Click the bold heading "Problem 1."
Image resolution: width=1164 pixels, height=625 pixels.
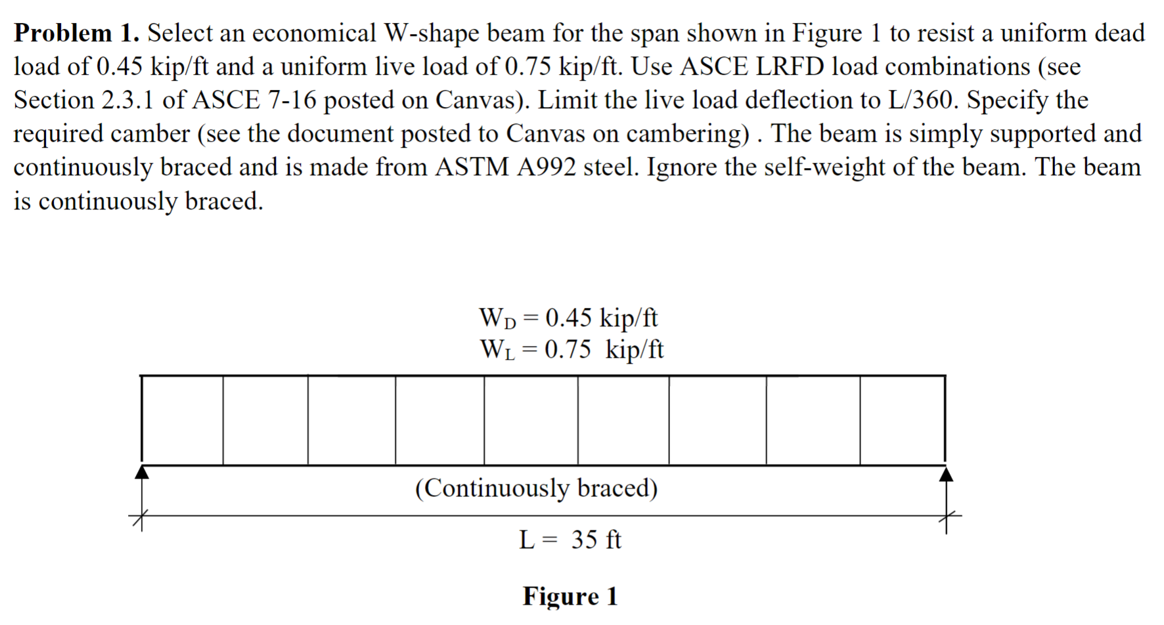pos(76,33)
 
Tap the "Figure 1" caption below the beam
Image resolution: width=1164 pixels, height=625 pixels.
pos(570,596)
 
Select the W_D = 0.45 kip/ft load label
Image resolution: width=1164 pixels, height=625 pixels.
pos(568,318)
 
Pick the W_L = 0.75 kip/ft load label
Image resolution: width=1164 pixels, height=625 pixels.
pos(571,349)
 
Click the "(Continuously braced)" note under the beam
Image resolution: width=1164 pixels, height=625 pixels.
pos(536,488)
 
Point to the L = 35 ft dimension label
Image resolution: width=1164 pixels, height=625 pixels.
pos(570,540)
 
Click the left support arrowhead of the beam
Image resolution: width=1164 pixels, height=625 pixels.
pos(142,472)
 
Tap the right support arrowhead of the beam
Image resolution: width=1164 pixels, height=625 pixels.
pos(946,473)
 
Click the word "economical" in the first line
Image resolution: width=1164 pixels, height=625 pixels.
pos(314,33)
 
